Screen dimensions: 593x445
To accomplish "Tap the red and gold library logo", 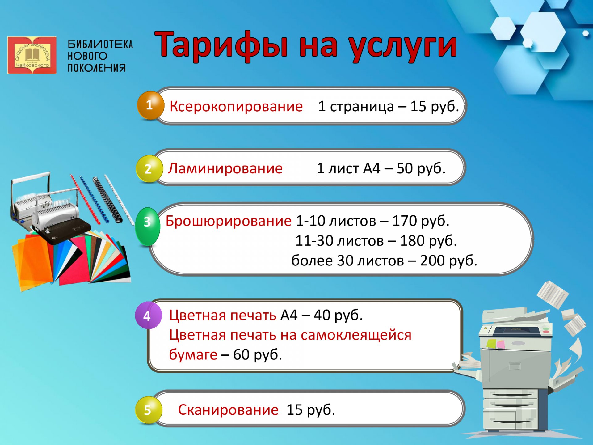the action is pos(32,55).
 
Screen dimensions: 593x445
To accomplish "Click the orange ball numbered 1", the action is pos(150,105).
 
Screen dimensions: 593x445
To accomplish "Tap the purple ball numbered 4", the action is pos(148,315).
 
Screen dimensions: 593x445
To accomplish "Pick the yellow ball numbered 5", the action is pos(149,410).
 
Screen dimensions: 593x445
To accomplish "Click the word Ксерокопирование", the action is pos(236,107).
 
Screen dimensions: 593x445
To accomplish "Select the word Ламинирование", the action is pos(225,169).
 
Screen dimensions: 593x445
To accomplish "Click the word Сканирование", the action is pos(228,410).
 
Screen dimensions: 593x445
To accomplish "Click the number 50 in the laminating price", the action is pos(405,168).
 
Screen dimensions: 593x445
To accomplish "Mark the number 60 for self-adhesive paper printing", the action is pos(241,354).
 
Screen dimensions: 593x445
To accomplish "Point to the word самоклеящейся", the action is pos(356,335).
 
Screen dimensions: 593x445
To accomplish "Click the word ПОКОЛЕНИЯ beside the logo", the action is pos(97,68).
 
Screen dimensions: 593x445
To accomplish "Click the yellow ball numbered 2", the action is pos(149,169).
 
